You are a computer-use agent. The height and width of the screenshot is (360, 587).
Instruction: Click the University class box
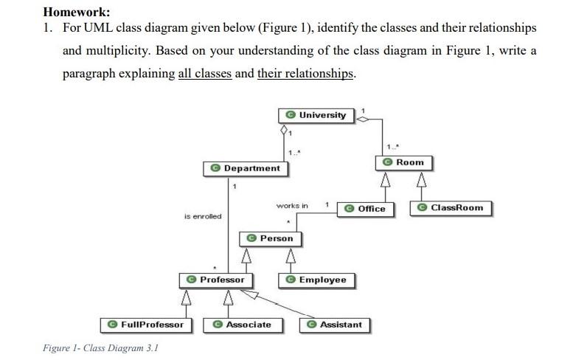coord(316,115)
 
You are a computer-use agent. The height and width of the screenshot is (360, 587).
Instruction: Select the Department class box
coord(246,168)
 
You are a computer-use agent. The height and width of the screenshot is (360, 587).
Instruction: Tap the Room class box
coord(405,162)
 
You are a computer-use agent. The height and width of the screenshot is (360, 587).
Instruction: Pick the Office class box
coord(366,208)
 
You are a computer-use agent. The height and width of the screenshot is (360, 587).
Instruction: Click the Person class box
coord(271,238)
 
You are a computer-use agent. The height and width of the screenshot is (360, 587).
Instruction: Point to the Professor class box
coord(216,280)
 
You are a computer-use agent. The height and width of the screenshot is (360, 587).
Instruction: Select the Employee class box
coord(316,280)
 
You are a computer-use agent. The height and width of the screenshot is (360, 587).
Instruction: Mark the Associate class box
coord(243,325)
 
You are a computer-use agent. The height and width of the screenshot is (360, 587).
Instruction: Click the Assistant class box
coord(336,325)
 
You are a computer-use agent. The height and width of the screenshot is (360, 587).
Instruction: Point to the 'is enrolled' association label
coord(203,216)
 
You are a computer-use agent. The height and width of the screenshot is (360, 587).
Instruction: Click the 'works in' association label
coord(292,205)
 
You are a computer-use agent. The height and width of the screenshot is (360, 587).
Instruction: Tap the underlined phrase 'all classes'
coord(205,74)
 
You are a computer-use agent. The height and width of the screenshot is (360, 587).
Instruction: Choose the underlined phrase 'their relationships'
coord(305,74)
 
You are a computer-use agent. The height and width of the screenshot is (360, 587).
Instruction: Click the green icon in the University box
coord(291,115)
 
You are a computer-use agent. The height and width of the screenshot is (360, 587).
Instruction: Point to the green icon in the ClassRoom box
coord(422,208)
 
